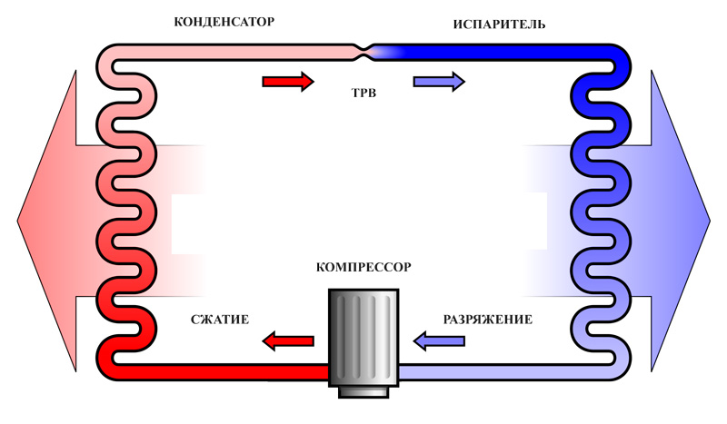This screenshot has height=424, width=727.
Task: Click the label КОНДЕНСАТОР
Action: coord(224,21)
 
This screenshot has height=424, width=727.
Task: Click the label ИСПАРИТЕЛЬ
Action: coord(499,23)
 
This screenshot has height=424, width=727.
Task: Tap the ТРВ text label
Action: coord(363,93)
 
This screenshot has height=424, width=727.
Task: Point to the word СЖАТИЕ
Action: coord(220,320)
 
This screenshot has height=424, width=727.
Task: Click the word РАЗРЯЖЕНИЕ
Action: coord(487,320)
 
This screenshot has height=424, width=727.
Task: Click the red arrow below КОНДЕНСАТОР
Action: coord(287,82)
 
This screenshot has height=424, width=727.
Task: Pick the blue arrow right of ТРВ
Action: coord(439,82)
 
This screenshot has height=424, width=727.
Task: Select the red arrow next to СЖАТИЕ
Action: coord(287,341)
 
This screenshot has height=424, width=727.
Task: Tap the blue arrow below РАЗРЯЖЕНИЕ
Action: coord(439,341)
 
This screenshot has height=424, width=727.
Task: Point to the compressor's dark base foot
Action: coord(363,391)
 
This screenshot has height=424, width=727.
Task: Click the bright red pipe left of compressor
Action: coord(227,372)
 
